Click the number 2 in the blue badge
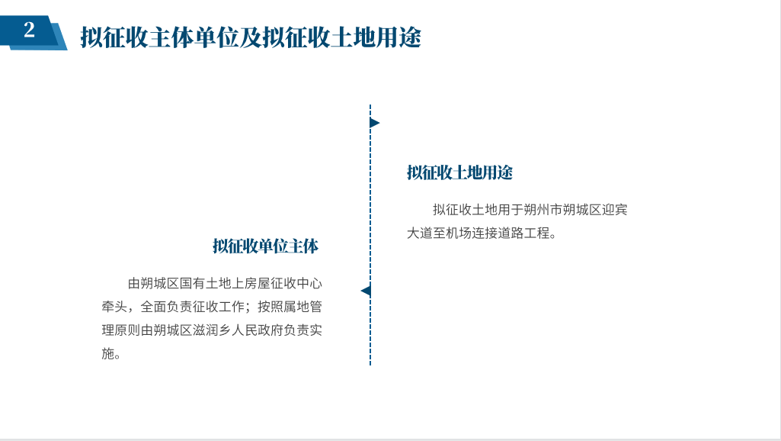click(x=30, y=30)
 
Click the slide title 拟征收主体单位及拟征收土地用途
click(x=251, y=37)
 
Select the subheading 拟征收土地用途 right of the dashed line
click(x=459, y=172)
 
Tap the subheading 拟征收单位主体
click(x=265, y=246)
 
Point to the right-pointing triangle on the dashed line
click(x=375, y=123)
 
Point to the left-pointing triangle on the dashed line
click(x=366, y=291)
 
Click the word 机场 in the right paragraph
click(x=459, y=233)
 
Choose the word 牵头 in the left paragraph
click(x=114, y=307)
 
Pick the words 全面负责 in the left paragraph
click(x=166, y=307)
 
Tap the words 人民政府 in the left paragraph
click(x=257, y=330)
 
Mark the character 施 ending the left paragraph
click(x=108, y=354)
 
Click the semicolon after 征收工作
click(x=249, y=307)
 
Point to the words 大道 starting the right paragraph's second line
click(x=420, y=233)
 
